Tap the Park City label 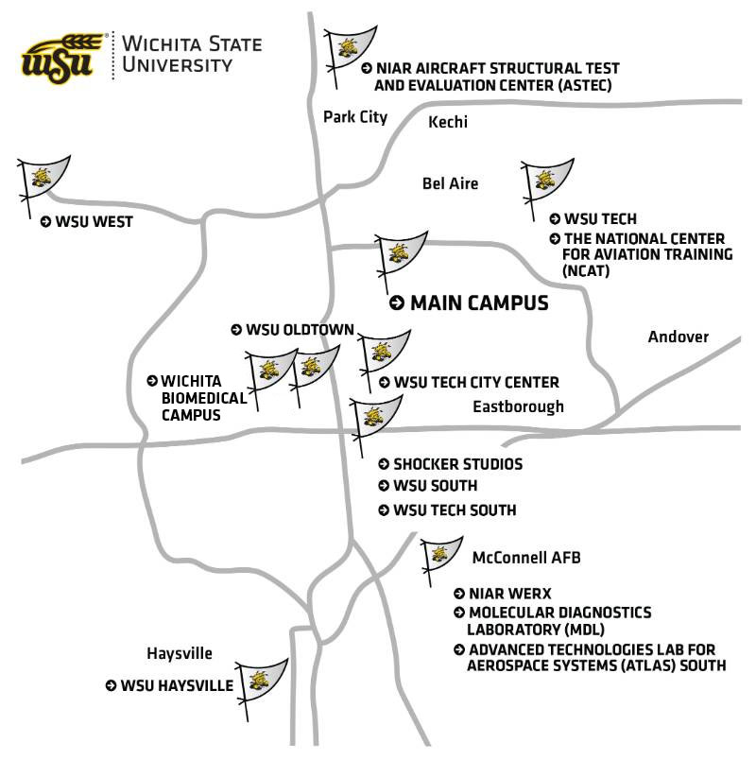[x=355, y=117]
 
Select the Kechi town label [x=448, y=122]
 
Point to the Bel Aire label [x=450, y=183]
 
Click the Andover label [x=678, y=337]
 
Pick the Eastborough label [x=518, y=406]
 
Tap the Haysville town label [x=180, y=653]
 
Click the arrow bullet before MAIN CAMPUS [x=398, y=303]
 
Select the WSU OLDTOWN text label [x=299, y=330]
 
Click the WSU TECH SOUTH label [x=454, y=510]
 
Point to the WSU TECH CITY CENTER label [x=475, y=383]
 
